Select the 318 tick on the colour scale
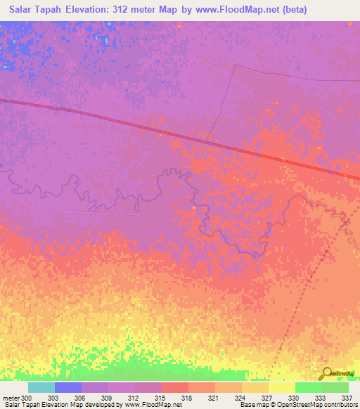187,397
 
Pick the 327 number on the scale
266,397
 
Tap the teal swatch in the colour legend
41,387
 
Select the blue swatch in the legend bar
68,387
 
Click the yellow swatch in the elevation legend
281,387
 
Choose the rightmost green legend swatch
335,387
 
